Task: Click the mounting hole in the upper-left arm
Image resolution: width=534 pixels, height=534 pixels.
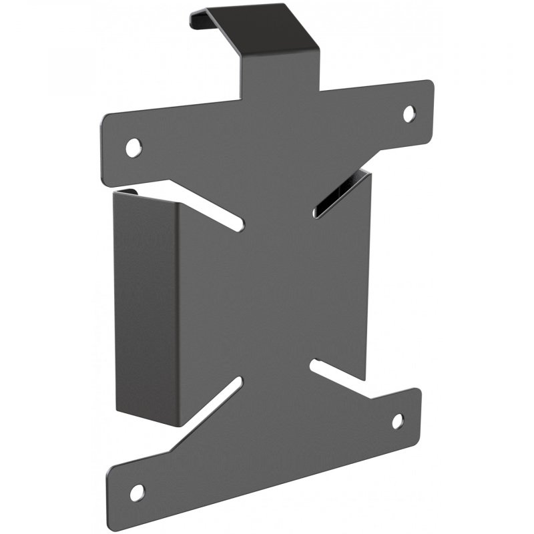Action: coord(134,145)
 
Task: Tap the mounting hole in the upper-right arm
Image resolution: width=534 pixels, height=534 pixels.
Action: coord(409,113)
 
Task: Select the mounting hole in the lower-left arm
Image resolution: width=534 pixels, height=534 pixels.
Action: coord(137,493)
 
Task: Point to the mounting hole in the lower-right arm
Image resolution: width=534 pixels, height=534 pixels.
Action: coord(397,421)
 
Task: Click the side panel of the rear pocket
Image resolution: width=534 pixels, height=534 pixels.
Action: coord(144,300)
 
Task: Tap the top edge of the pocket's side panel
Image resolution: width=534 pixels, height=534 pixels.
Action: coord(140,194)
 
